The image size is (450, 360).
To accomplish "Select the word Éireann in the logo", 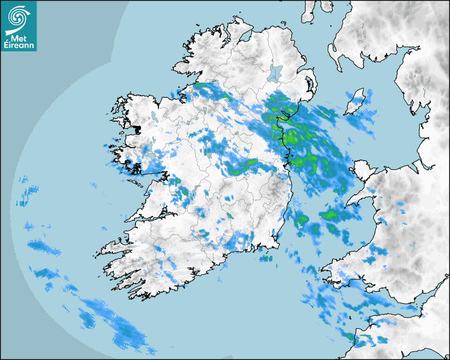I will click(19, 46).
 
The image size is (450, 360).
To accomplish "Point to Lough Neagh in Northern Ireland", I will click(275, 73).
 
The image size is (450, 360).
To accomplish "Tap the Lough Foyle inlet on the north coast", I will click(245, 37).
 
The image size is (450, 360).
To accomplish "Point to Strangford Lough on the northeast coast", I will click(310, 85).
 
